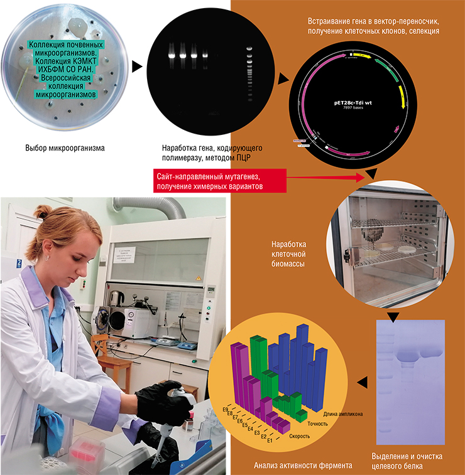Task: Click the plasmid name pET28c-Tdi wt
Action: click(354, 101)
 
